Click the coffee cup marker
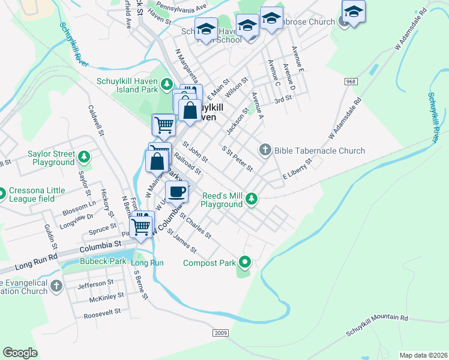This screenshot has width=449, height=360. coord(176,192)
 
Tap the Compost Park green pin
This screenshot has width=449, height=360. coord(245,262)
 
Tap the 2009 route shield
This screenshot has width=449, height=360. coord(221,333)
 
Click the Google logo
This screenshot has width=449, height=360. coord(20,352)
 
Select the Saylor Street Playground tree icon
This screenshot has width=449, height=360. coord(85,158)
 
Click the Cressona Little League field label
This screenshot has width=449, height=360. coord(37,194)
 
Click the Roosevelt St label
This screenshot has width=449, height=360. coord(102,313)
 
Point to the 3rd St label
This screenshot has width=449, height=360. coord(283,100)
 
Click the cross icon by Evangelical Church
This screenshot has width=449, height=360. coord(56,286)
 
